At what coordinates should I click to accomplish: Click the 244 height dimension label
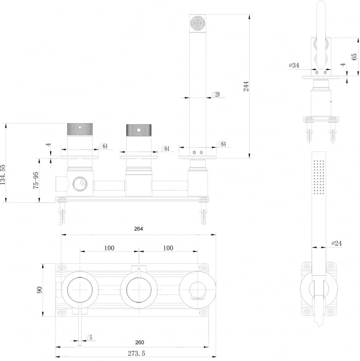(x=246, y=86)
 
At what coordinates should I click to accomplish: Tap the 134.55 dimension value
(x=2, y=174)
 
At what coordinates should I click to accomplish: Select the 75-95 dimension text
(x=36, y=180)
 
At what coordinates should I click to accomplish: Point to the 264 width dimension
(x=138, y=229)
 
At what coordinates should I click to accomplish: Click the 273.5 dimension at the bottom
(x=136, y=353)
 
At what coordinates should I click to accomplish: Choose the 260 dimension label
(x=140, y=343)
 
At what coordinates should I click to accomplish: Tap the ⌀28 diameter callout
(x=216, y=94)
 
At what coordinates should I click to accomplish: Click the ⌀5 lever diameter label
(x=89, y=337)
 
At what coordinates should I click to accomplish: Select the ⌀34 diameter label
(x=294, y=65)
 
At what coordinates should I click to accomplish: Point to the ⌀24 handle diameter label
(x=336, y=243)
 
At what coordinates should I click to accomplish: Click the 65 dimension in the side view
(x=354, y=57)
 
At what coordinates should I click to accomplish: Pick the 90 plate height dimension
(x=39, y=290)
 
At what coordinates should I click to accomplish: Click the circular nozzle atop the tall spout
(x=198, y=23)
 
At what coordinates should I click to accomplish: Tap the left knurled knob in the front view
(x=80, y=129)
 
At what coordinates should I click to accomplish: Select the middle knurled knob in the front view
(x=139, y=130)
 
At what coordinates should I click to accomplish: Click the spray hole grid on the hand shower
(x=319, y=177)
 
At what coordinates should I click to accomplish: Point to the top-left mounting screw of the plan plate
(x=62, y=268)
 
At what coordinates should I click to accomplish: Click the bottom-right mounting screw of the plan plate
(x=203, y=312)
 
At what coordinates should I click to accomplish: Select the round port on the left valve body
(x=80, y=184)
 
